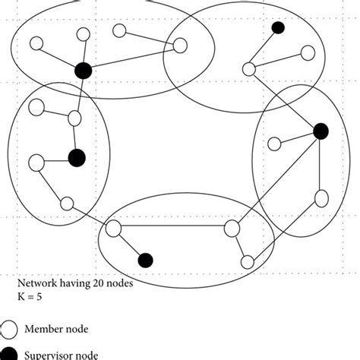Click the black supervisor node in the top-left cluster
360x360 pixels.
click(x=84, y=70)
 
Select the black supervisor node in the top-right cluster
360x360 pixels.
click(x=278, y=28)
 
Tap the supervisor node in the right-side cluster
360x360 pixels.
click(x=321, y=131)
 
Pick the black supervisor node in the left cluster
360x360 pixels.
click(x=76, y=158)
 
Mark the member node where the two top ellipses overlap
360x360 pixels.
click(x=180, y=46)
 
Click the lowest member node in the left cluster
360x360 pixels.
click(x=67, y=203)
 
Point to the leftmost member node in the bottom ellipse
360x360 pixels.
click(x=115, y=228)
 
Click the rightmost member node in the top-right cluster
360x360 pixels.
click(x=308, y=52)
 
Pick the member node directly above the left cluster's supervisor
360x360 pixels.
click(x=74, y=118)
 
